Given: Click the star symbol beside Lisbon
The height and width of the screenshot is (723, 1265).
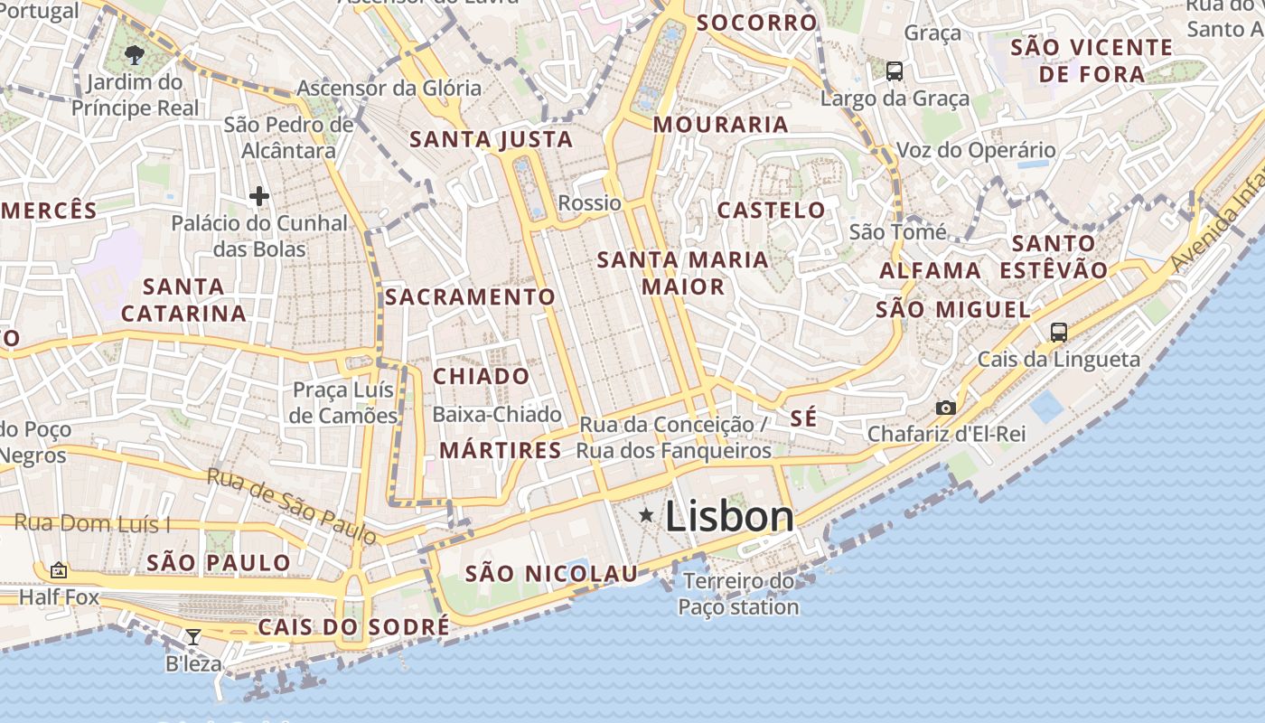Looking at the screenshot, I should tap(646, 515).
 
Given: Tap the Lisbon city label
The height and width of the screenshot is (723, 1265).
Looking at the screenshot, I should tap(729, 516).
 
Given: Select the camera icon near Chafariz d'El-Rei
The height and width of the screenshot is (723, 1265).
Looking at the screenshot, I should tap(946, 408).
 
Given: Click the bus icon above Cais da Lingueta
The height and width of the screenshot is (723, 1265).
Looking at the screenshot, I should tap(1058, 332).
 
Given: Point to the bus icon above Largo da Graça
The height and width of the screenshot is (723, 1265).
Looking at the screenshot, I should tap(894, 70).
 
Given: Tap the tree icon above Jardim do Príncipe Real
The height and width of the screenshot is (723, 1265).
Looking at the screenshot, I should tap(135, 54).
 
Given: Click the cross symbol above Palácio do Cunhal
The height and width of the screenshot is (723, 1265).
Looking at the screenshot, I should tap(259, 195).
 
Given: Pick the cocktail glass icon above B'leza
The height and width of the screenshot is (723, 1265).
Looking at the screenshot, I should tap(192, 636).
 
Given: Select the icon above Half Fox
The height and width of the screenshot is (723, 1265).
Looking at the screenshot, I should tap(59, 570).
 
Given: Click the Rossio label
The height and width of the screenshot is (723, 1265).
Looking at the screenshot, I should tap(590, 202).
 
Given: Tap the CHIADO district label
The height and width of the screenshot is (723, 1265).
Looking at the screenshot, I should tap(482, 376).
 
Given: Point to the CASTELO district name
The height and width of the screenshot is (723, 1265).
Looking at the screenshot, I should tap(771, 211).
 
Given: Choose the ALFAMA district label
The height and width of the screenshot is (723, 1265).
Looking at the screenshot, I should tap(931, 270).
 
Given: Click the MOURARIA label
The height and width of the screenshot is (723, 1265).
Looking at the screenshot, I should tap(721, 125).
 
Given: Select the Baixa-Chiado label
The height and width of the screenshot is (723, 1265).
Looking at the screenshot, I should tap(497, 414).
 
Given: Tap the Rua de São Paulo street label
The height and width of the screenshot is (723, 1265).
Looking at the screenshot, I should tap(291, 506).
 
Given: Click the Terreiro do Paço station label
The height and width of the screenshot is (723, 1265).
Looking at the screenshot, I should tap(738, 594).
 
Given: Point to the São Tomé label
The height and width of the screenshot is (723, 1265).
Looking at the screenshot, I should tap(898, 232).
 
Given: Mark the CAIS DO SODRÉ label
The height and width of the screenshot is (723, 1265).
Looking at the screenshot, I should tap(353, 627).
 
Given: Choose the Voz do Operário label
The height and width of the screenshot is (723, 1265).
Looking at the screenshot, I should tap(976, 150).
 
